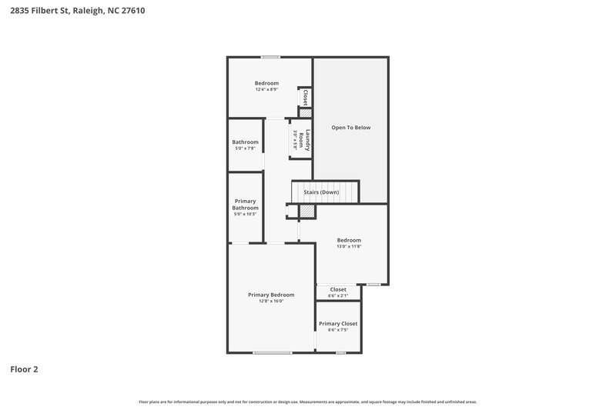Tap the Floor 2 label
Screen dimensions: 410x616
(x=24, y=369)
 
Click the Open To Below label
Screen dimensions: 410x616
(x=351, y=127)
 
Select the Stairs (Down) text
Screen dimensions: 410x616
(x=326, y=192)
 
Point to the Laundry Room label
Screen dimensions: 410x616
(x=306, y=139)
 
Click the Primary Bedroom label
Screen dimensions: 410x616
(x=271, y=295)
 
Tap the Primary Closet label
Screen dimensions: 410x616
(x=338, y=324)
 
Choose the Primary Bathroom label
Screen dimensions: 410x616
(x=246, y=205)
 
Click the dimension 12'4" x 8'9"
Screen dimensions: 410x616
(x=266, y=89)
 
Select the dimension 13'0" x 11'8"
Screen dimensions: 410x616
(x=349, y=246)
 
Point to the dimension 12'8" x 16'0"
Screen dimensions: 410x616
(x=271, y=302)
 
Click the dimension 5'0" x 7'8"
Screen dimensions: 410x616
(x=246, y=148)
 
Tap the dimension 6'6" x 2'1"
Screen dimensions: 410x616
(x=338, y=295)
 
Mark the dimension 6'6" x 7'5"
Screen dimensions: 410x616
(x=338, y=331)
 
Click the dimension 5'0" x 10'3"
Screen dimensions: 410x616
(x=246, y=214)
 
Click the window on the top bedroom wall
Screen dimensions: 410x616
(x=269, y=57)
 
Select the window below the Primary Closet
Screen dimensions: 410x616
(x=340, y=352)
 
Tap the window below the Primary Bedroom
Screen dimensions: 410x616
(x=273, y=352)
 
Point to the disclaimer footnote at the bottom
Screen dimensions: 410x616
(x=308, y=402)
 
